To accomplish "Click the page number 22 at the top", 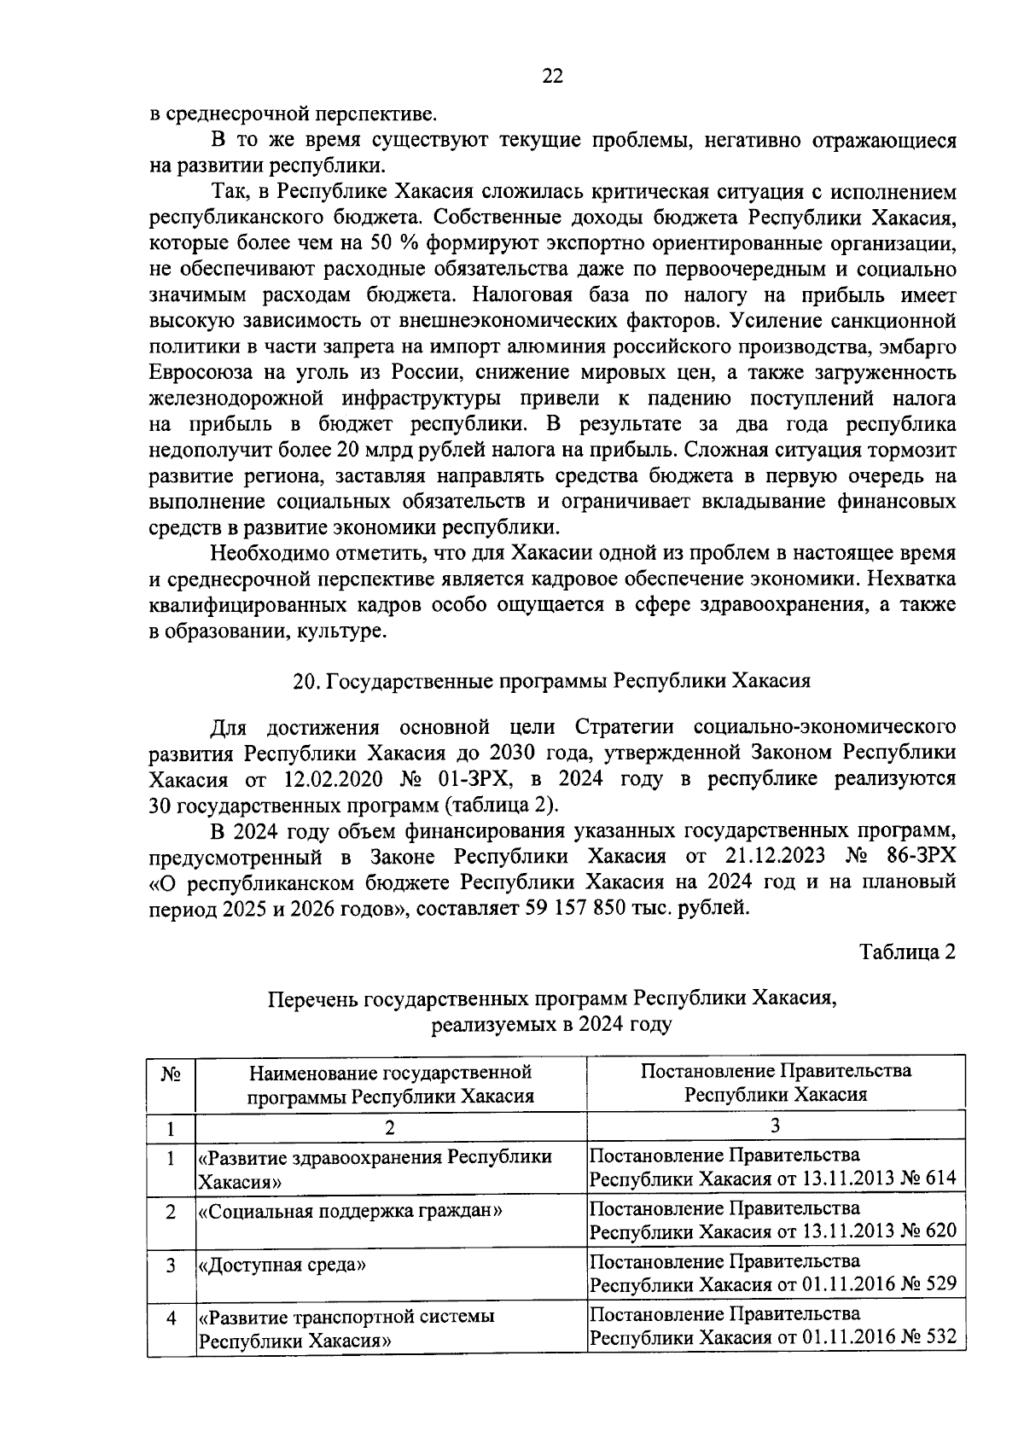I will (x=552, y=76).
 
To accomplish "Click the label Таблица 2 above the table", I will (x=906, y=952).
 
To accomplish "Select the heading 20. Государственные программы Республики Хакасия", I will (x=550, y=681).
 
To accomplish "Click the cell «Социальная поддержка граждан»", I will (x=350, y=1210).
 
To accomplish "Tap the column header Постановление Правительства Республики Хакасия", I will (x=776, y=1082).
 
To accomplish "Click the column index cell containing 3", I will (x=775, y=1126).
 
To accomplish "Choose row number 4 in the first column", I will (x=171, y=1318).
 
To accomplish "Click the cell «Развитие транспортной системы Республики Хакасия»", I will (x=346, y=1328).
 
